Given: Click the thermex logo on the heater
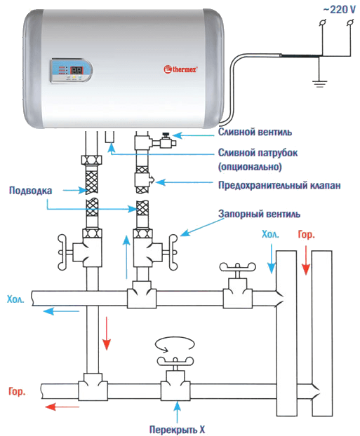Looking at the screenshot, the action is coord(180,69).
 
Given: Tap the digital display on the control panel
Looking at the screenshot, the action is coord(76,70).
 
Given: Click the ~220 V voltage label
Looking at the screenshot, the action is coord(339,10).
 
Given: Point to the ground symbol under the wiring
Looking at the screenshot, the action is coord(319,83).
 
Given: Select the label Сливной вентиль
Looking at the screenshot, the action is coord(255,132).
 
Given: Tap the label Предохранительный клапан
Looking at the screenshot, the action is coord(279,186).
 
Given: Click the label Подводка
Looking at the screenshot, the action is coord(31,191).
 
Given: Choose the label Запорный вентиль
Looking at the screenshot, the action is coord(259,214).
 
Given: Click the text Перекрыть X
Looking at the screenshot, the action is coord(177,430).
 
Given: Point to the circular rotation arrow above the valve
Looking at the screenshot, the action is coord(175,343).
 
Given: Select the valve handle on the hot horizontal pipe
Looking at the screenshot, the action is coord(175,361).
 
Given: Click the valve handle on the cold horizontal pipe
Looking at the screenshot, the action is coord(237,267).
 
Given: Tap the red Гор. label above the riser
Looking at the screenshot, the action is coord(306,235).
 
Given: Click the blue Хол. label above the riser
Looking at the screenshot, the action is coord(270,234).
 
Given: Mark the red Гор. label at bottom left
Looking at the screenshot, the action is coord(17,392).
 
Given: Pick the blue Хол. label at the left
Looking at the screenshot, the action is coord(15,299).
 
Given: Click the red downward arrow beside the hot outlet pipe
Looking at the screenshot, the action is coord(107,333).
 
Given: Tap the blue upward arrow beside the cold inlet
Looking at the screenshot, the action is coord(127,257).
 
